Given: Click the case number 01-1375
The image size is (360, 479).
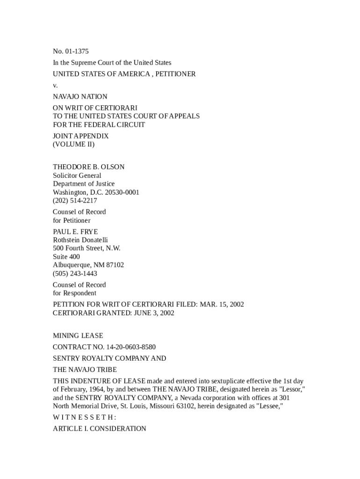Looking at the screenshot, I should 76,51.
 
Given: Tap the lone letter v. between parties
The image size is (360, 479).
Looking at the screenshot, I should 55,85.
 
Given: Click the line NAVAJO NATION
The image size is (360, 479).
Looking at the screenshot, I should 80,96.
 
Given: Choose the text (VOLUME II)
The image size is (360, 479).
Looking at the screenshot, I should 73,145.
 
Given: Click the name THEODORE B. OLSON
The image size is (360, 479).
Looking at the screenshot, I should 88,167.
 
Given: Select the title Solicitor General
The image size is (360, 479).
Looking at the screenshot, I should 77,175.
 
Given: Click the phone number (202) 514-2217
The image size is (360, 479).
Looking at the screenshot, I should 75,201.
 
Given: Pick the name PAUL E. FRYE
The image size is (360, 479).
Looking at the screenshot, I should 75,232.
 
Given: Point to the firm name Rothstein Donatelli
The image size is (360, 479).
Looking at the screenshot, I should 80,240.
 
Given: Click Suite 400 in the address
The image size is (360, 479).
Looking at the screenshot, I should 66,257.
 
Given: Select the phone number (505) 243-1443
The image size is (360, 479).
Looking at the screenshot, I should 75,274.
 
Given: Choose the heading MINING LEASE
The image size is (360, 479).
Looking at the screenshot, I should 78,335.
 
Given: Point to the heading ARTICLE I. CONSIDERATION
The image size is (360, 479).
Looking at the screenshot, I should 99,428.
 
